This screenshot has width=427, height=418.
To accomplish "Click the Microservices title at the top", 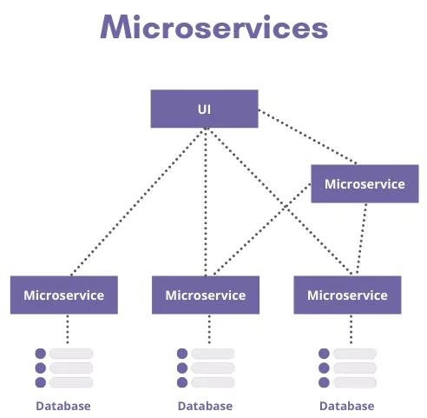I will click(x=213, y=28).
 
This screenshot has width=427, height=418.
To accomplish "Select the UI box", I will click(x=204, y=109).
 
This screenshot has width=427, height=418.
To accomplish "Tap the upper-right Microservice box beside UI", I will click(x=365, y=184).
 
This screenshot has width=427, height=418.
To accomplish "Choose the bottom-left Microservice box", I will click(x=63, y=295).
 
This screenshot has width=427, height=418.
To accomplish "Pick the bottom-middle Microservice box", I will click(x=205, y=295).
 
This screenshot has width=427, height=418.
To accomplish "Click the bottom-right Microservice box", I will click(x=347, y=295).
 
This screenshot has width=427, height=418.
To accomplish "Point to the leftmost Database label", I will click(x=62, y=406).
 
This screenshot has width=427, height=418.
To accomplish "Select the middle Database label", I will click(x=205, y=406).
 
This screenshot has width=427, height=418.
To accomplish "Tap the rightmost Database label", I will click(x=346, y=406).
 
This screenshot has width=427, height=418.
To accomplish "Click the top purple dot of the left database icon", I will click(x=40, y=354).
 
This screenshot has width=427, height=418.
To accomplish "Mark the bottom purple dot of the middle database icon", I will click(x=182, y=382).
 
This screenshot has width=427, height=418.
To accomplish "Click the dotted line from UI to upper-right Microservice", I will click(x=308, y=137).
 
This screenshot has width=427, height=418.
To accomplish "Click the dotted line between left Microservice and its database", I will click(x=67, y=328).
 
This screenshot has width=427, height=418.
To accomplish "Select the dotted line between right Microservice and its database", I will click(x=351, y=328).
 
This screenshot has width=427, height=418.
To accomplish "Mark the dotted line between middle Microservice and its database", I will click(x=208, y=328).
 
